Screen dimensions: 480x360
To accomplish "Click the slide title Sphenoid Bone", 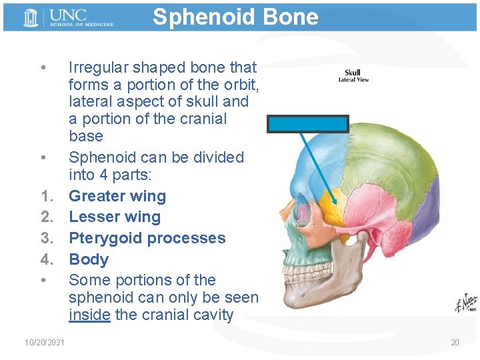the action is pyautogui.click(x=235, y=17).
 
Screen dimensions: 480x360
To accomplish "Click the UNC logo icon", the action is pyautogui.click(x=31, y=18).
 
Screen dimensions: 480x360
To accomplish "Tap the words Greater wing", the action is pyautogui.click(x=117, y=196).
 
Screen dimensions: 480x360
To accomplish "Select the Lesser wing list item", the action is pyautogui.click(x=115, y=217).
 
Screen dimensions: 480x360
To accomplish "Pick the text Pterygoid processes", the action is pyautogui.click(x=147, y=238).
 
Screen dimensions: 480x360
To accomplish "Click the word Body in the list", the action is pyautogui.click(x=89, y=259).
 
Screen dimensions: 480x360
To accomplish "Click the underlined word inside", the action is pyautogui.click(x=89, y=315).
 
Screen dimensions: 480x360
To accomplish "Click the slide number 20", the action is pyautogui.click(x=455, y=343).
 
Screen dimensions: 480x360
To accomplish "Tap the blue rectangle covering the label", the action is pyautogui.click(x=308, y=124).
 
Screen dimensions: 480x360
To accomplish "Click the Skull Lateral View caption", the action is pyautogui.click(x=353, y=76).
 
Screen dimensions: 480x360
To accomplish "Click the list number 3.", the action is pyautogui.click(x=47, y=238).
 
